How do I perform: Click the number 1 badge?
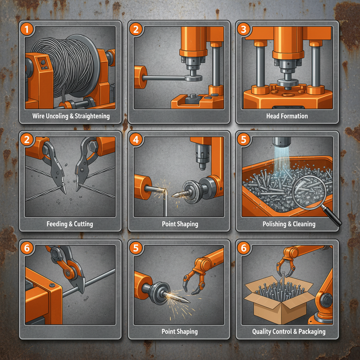[x=27, y=29]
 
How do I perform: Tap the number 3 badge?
[x=243, y=29]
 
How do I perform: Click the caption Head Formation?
[x=287, y=116]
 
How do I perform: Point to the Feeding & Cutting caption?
[x=70, y=224]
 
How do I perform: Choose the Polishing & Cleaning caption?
[x=289, y=224]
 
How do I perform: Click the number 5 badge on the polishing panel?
[x=243, y=140]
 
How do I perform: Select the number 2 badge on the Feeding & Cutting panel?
[x=27, y=140]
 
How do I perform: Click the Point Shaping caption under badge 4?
[x=180, y=224]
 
